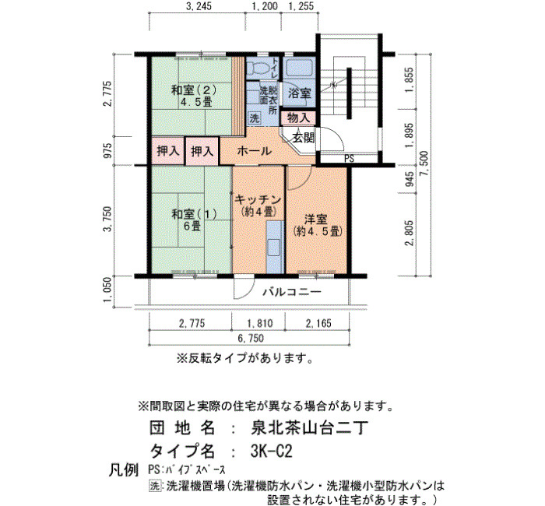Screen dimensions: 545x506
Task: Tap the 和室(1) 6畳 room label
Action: [195, 220]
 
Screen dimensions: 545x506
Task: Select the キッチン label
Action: [258, 200]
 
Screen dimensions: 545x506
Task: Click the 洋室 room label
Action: [316, 220]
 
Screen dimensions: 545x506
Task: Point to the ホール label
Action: [254, 151]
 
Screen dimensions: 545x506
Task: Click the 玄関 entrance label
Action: [303, 138]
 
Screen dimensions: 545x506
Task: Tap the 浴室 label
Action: [299, 93]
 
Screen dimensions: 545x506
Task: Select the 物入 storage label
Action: [298, 118]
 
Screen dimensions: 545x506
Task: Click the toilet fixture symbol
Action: [258, 68]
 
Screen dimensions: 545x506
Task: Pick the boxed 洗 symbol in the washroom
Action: [254, 118]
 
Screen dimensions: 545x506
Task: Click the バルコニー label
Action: [292, 292]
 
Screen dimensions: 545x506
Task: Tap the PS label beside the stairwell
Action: [349, 159]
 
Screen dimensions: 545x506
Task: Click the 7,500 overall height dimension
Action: [425, 163]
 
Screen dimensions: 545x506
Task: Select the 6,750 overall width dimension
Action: [251, 338]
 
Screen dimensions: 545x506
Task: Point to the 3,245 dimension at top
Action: [199, 6]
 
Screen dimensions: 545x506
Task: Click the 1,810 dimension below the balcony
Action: [259, 324]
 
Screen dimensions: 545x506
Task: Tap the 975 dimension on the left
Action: [108, 150]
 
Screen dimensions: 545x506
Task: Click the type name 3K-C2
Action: [271, 451]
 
